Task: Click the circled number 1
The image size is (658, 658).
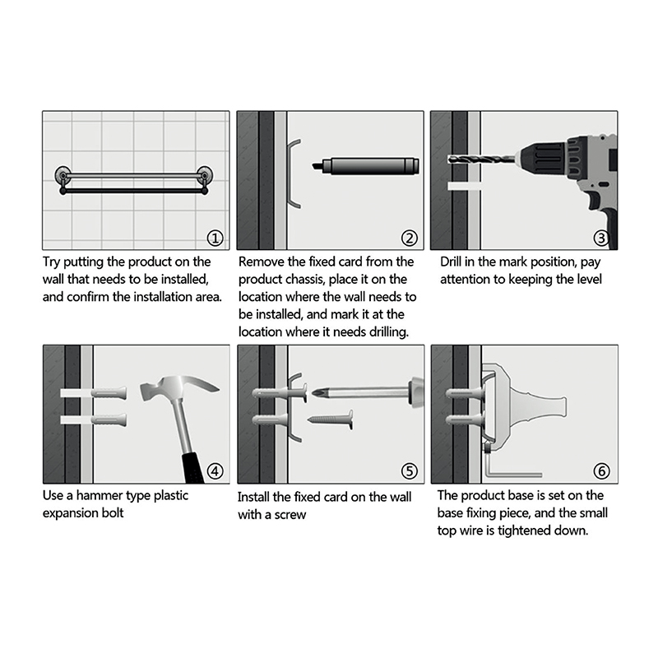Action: pyautogui.click(x=215, y=239)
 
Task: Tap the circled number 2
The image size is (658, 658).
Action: pyautogui.click(x=409, y=239)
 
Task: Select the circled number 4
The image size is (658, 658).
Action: pyautogui.click(x=215, y=471)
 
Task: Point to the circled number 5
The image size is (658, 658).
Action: pyautogui.click(x=409, y=471)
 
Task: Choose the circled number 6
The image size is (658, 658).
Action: pyautogui.click(x=601, y=471)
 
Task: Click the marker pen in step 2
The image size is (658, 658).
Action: pyautogui.click(x=365, y=166)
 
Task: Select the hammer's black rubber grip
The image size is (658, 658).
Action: pyautogui.click(x=192, y=468)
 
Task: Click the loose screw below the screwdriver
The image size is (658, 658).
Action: pyautogui.click(x=331, y=419)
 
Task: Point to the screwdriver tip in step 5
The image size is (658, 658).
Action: pyautogui.click(x=318, y=393)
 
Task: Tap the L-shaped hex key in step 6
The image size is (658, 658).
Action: pyautogui.click(x=510, y=466)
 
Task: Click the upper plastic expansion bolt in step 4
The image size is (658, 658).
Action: pyautogui.click(x=109, y=393)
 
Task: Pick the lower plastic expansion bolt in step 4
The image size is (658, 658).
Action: pyautogui.click(x=109, y=419)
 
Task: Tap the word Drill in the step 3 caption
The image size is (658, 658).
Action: pyautogui.click(x=451, y=262)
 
